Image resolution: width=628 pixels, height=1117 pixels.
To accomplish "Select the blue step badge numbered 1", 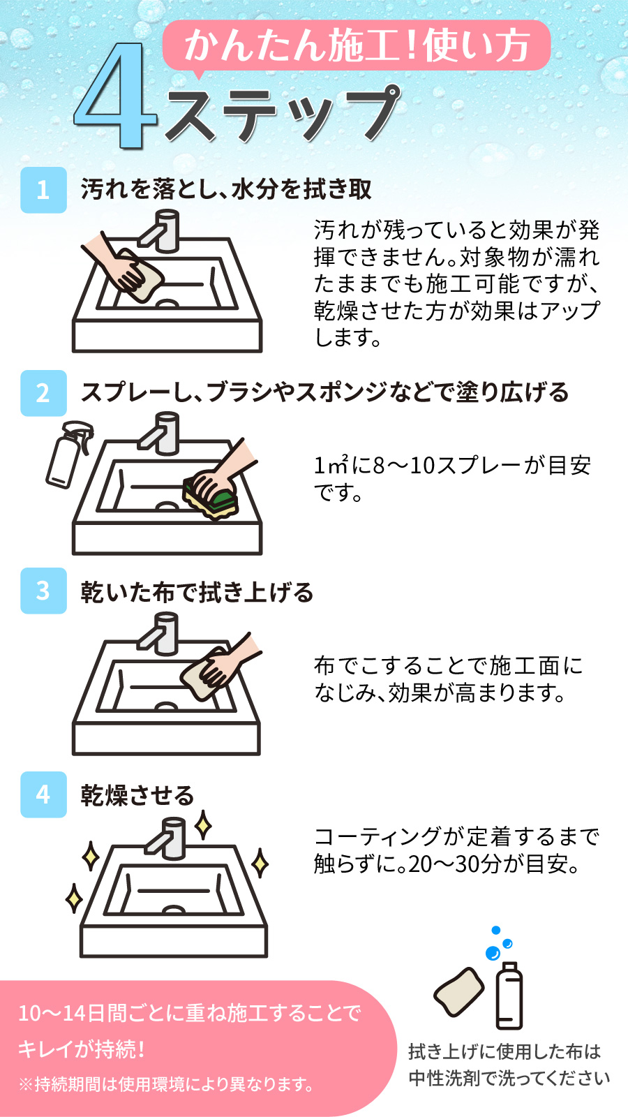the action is [43, 190].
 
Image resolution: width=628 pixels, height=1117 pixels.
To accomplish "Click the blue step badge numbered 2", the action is [43, 393].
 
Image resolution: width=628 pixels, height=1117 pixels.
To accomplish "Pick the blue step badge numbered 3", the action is [43, 591].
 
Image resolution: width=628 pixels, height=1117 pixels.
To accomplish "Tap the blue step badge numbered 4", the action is [43, 794].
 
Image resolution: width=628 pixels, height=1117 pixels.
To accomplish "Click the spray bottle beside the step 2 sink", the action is [70, 454].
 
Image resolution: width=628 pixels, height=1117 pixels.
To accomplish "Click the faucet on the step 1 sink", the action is [160, 230].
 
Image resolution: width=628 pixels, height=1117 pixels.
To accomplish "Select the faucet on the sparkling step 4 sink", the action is [167, 838].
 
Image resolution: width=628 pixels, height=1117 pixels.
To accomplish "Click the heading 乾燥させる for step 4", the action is [137, 795].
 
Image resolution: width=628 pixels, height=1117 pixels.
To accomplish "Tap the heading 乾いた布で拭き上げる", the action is [197, 592].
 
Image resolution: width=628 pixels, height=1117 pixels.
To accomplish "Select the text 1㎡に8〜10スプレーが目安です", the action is [452, 479].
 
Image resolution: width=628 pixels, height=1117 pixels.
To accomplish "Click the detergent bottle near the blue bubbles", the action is [509, 996].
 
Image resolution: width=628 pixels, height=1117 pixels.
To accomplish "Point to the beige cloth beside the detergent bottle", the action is [459, 991].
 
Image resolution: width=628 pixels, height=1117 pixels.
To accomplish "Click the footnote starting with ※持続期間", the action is [166, 1083].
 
